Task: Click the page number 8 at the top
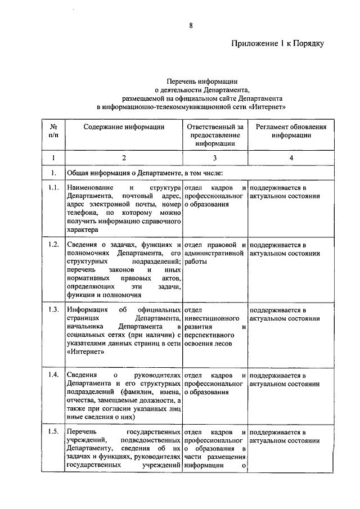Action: pyautogui.click(x=191, y=24)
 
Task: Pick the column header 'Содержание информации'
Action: pyautogui.click(x=124, y=127)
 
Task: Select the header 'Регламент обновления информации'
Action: pyautogui.click(x=290, y=131)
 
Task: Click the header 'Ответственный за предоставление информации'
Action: pyautogui.click(x=215, y=135)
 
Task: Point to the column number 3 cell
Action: pyautogui.click(x=215, y=158)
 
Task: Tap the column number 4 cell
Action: pyautogui.click(x=291, y=158)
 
